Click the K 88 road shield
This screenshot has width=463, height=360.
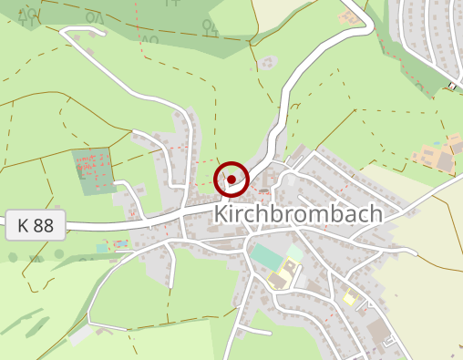pyautogui.click(x=36, y=226)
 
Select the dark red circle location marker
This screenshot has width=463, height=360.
pyautogui.click(x=231, y=179)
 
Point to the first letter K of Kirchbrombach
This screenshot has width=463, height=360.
pyautogui.click(x=221, y=214)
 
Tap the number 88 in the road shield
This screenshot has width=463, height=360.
pyautogui.click(x=44, y=226)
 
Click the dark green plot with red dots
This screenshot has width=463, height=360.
pyautogui.click(x=94, y=170)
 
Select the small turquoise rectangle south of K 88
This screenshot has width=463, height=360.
pyautogui.click(x=101, y=248)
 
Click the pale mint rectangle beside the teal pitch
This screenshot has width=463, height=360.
pyautogui.click(x=295, y=251)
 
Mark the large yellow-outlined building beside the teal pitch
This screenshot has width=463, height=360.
pyautogui.click(x=283, y=274)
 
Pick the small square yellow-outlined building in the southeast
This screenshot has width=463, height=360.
pyautogui.click(x=350, y=297)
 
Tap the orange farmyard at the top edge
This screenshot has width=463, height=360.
pyautogui.click(x=351, y=16)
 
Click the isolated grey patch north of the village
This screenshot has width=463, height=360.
pyautogui.click(x=267, y=63)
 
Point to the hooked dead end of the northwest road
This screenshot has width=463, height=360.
pyautogui.click(x=64, y=34)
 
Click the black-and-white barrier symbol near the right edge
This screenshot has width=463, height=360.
pyautogui.click(x=452, y=87)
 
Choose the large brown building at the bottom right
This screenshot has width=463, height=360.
pyautogui.click(x=377, y=329)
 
